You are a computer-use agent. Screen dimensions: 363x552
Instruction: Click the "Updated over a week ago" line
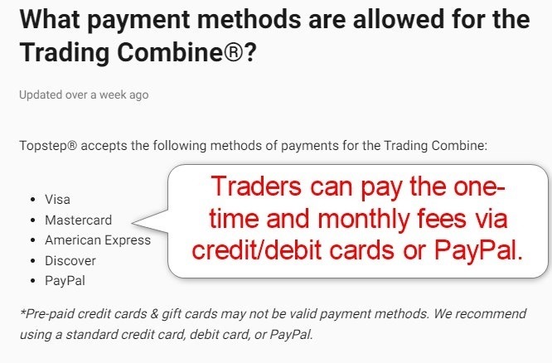tap(84, 94)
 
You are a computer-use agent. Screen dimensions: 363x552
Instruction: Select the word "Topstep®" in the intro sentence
tap(48, 146)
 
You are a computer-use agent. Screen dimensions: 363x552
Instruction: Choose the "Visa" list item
tap(58, 200)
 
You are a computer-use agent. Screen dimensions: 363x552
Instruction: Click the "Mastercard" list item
tap(78, 220)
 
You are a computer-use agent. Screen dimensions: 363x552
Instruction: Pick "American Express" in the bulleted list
tap(98, 240)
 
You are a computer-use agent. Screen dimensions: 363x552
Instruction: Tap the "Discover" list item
tap(70, 260)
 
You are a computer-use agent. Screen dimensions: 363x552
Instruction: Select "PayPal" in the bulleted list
tap(65, 281)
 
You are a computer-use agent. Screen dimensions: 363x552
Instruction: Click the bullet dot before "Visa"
tap(32, 201)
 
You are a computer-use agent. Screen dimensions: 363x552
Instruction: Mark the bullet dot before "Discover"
tap(32, 261)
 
